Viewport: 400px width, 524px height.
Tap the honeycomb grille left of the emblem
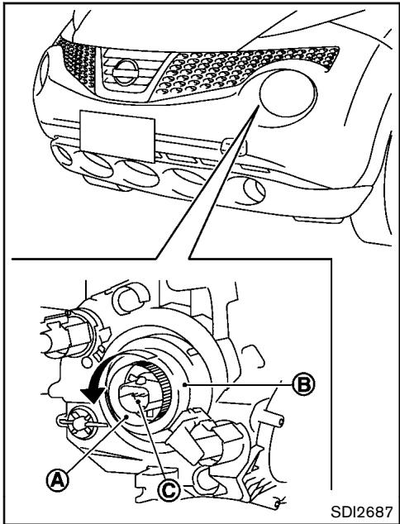[70, 58]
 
